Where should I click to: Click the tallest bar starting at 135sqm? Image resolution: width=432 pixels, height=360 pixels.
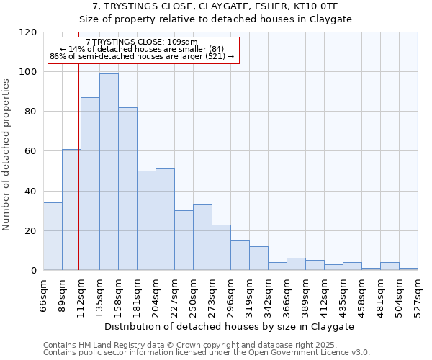pyautogui.click(x=109, y=172)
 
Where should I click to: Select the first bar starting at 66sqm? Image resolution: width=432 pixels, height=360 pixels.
pyautogui.click(x=53, y=237)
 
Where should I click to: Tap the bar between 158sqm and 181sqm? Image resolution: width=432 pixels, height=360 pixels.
pyautogui.click(x=127, y=189)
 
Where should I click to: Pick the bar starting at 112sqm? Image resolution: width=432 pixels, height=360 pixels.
pyautogui.click(x=90, y=184)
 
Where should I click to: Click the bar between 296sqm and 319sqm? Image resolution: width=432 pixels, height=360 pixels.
pyautogui.click(x=240, y=256)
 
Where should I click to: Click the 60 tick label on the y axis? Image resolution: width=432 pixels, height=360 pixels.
pyautogui.click(x=31, y=151)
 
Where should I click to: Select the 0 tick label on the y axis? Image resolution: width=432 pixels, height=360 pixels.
pyautogui.click(x=34, y=271)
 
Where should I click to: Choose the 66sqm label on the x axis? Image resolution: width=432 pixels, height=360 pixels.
pyautogui.click(x=43, y=294)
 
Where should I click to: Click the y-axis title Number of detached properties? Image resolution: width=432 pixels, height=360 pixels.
pyautogui.click(x=7, y=155)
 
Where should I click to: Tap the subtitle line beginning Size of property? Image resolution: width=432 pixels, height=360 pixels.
pyautogui.click(x=215, y=19)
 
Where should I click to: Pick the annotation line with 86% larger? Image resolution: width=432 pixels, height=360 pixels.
pyautogui.click(x=142, y=56)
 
